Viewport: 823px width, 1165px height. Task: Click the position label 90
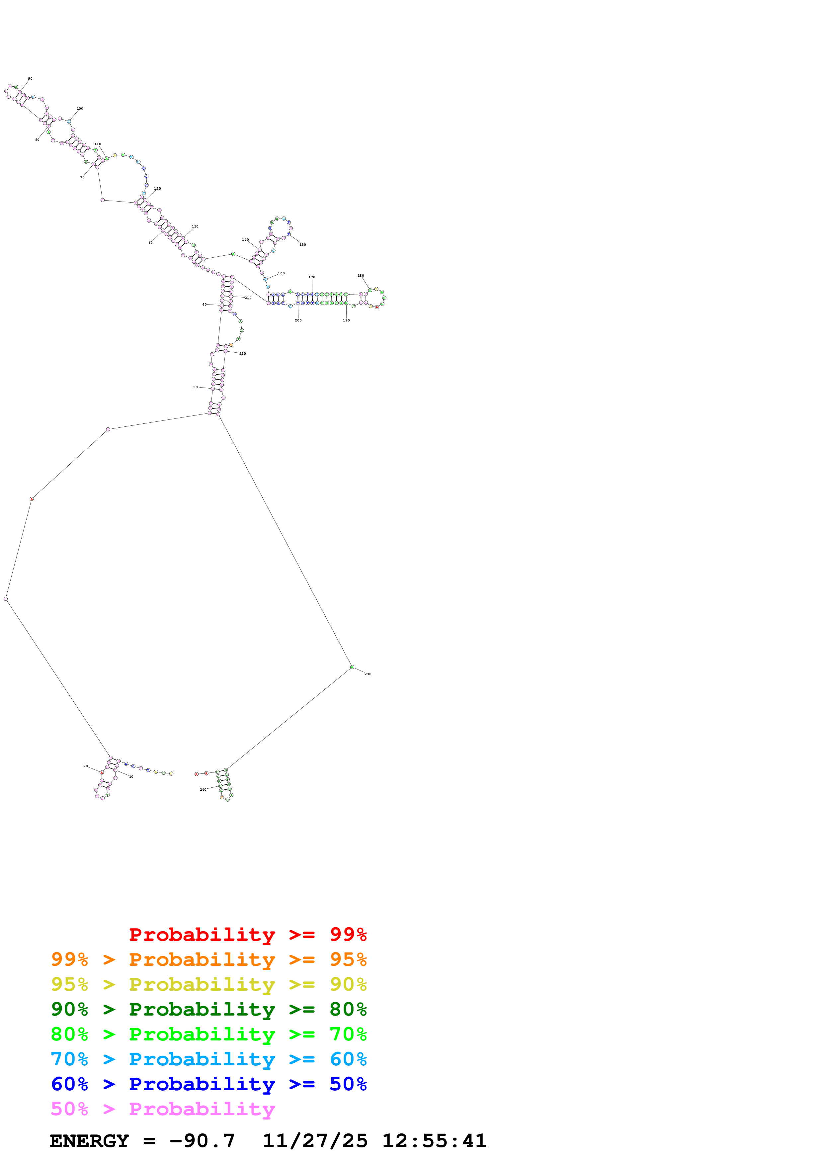pos(30,79)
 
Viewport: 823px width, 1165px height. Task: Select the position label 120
pos(157,189)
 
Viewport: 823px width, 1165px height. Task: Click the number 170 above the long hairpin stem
pos(311,277)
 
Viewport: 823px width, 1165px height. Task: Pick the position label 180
pos(361,276)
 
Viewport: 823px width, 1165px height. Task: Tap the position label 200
pos(298,320)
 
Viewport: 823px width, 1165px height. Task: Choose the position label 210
pos(248,298)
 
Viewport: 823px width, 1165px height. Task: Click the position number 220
pos(242,354)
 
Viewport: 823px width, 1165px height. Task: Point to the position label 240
pos(203,789)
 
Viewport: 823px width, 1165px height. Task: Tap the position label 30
pos(195,387)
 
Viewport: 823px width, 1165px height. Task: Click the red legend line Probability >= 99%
pos(247,935)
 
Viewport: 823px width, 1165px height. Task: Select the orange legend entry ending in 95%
pos(208,959)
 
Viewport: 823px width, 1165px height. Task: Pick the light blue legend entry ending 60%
pos(208,1059)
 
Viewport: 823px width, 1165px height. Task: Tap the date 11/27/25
pos(314,1141)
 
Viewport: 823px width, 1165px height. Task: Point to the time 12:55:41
pos(434,1141)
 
